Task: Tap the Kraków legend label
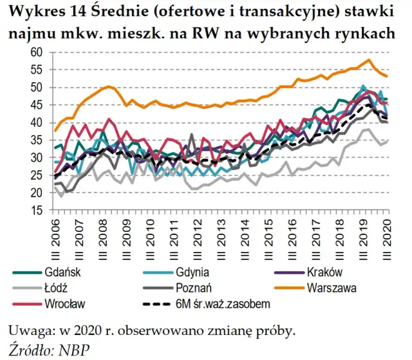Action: [328, 272]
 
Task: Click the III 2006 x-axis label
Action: [55, 234]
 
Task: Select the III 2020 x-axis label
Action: [388, 234]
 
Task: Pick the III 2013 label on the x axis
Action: [222, 234]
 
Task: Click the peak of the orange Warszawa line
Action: [368, 60]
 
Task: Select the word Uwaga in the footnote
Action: [26, 332]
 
